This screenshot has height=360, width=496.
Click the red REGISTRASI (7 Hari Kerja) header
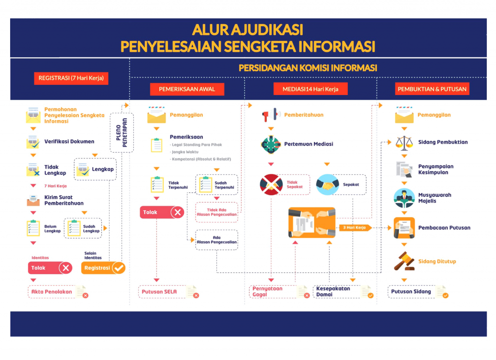71,78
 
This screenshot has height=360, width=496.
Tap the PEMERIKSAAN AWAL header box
186,89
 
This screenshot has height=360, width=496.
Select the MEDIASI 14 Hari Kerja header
310,89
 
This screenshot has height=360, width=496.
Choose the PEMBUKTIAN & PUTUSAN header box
432,89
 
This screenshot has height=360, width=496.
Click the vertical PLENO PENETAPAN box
122,132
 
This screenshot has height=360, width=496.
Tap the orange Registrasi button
103,268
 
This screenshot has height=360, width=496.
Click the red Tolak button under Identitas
50,268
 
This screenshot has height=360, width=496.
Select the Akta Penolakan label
52,292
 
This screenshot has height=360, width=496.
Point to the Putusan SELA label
159,292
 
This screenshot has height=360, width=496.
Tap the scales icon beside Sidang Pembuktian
404,142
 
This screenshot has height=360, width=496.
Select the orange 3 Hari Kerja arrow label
355,227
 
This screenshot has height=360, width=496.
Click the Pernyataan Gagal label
267,291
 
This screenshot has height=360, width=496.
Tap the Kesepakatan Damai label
334,291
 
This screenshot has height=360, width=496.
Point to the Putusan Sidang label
411,292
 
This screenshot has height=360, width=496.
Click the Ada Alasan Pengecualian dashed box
217,240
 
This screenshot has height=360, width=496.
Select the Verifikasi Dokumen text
69,141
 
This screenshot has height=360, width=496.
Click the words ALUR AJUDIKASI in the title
248,30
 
